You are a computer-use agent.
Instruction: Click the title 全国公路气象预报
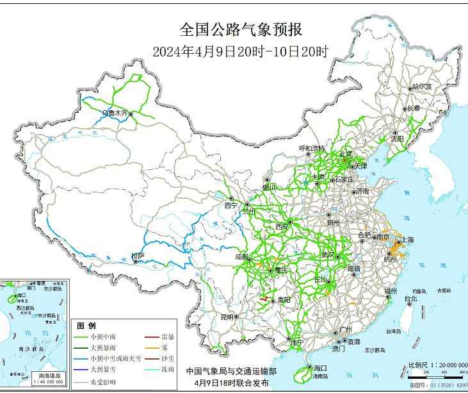pyautogui.click(x=240, y=30)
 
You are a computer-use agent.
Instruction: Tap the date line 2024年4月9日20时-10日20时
pyautogui.click(x=240, y=52)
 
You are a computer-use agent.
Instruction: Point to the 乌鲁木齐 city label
pyautogui.click(x=115, y=113)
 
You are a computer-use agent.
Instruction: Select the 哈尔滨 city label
pyautogui.click(x=422, y=86)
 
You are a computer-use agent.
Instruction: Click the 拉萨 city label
pyautogui.click(x=138, y=256)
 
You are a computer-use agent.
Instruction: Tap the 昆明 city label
pyautogui.click(x=227, y=317)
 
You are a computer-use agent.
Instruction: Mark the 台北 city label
pyautogui.click(x=410, y=299)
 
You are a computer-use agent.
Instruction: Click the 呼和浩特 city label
pyautogui.click(x=312, y=148)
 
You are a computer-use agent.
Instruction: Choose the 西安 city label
pyautogui.click(x=282, y=227)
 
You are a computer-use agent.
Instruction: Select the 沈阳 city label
pyautogui.click(x=397, y=138)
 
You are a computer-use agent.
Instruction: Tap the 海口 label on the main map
pyautogui.click(x=321, y=367)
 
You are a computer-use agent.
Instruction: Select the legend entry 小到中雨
pyautogui.click(x=104, y=337)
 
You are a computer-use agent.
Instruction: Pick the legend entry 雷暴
pyautogui.click(x=168, y=337)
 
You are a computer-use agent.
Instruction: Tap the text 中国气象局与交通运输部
pyautogui.click(x=231, y=371)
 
